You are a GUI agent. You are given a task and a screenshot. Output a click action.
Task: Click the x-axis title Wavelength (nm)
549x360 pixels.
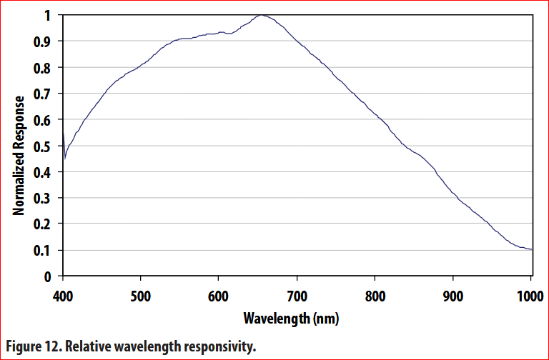(291, 317)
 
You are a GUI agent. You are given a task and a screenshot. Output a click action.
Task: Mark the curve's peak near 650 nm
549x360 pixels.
(262, 15)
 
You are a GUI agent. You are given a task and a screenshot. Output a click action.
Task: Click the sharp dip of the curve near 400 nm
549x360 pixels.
(65, 159)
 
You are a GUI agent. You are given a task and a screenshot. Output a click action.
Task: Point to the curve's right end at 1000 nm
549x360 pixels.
(532, 249)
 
